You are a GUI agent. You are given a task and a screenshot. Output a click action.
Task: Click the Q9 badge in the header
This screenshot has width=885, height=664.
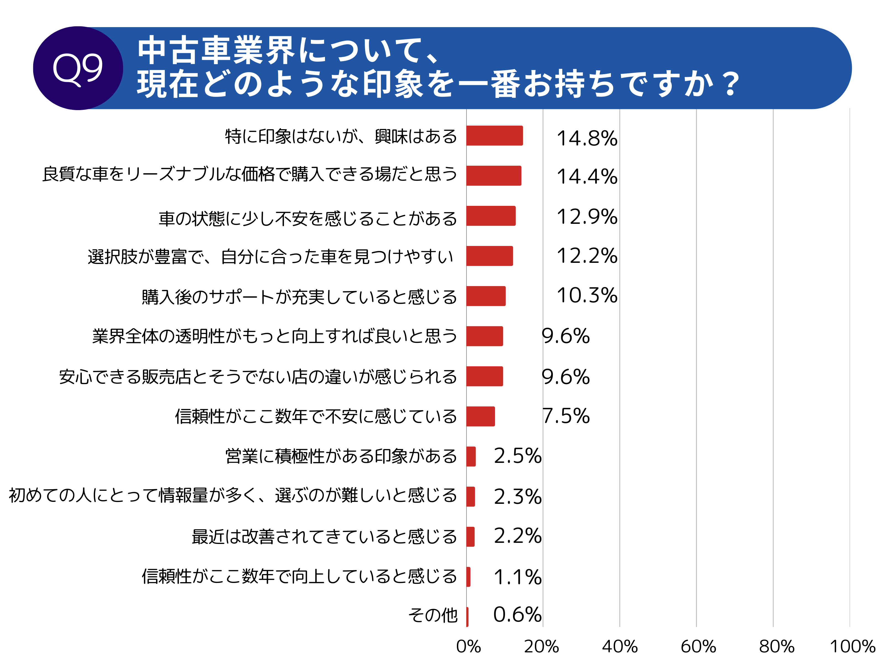(x=78, y=68)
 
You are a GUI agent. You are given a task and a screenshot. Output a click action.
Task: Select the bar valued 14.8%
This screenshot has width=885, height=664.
(x=494, y=136)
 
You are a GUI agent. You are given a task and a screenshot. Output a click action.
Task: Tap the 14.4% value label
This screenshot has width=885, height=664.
(x=587, y=177)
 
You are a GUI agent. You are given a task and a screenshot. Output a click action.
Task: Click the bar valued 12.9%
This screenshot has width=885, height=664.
(x=491, y=216)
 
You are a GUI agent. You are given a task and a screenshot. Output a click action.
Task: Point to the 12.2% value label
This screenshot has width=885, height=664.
(x=587, y=256)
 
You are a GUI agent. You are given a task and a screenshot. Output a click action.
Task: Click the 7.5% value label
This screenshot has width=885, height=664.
(x=566, y=416)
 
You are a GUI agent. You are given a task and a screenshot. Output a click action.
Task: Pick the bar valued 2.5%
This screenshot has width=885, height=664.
(x=471, y=456)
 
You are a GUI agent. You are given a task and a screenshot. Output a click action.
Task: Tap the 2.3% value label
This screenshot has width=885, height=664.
(x=517, y=497)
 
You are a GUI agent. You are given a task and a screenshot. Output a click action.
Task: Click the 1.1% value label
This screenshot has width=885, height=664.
(x=517, y=577)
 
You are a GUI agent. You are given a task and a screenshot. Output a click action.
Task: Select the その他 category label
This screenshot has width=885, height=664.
(x=433, y=615)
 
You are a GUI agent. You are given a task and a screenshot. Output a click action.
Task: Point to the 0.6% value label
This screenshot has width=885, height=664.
(x=517, y=615)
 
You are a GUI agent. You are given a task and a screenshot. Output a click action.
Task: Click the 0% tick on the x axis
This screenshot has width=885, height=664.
(x=468, y=646)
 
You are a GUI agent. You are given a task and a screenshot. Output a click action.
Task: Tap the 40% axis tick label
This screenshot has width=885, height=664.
(x=620, y=646)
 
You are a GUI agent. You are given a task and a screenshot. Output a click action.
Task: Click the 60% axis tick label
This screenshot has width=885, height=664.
(x=698, y=646)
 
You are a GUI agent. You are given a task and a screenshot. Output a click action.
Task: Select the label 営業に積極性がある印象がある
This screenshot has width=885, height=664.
(x=341, y=456)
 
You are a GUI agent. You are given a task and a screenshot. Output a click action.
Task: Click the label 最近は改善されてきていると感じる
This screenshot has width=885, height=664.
(x=324, y=537)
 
